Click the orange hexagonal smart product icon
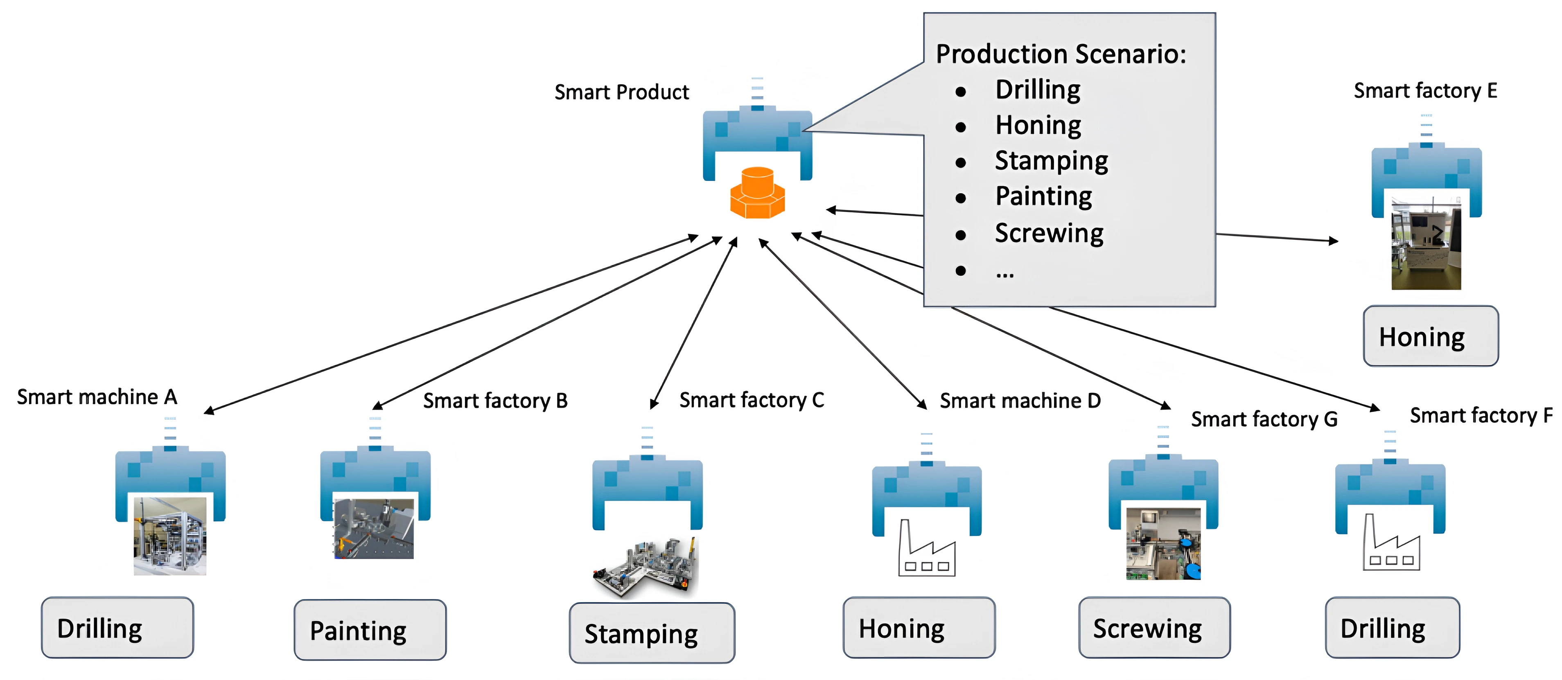[x=757, y=192]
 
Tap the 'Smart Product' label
[x=621, y=92]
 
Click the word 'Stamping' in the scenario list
[x=1052, y=161]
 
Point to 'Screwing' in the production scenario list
[x=1049, y=233]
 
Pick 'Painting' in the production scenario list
[x=1043, y=196]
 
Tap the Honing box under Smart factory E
[x=1431, y=336]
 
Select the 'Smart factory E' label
[x=1425, y=91]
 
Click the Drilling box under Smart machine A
[x=117, y=627]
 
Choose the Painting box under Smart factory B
[x=370, y=630]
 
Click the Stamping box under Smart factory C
[x=652, y=633]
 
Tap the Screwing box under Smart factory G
[x=1155, y=627]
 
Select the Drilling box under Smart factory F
[x=1392, y=627]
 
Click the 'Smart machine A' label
[x=97, y=397]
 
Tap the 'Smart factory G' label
[x=1264, y=419]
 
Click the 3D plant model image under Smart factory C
[x=645, y=568]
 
